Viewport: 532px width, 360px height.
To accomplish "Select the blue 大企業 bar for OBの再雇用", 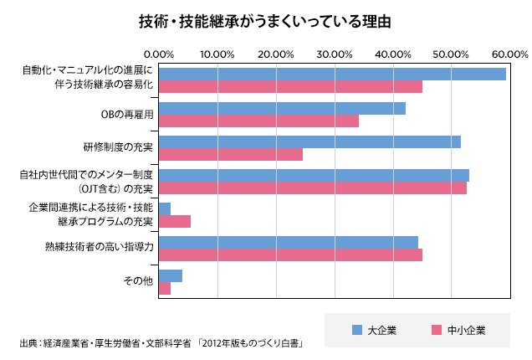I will pos(282,108).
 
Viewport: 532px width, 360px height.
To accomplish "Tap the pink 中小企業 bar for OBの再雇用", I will pos(258,121).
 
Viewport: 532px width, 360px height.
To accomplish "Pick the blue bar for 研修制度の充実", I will pos(309,141).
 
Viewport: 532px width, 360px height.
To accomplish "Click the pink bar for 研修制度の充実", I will pos(231,155).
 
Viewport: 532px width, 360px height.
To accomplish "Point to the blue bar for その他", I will pos(171,275).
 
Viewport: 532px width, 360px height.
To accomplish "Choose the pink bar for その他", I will pos(165,288).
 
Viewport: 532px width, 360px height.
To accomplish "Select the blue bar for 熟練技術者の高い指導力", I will pos(288,242).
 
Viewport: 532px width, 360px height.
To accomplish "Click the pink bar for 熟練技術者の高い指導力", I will pos(290,255).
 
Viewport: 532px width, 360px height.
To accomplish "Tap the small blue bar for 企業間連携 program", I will pos(165,208).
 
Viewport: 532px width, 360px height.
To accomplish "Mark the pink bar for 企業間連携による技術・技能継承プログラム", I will pos(175,221).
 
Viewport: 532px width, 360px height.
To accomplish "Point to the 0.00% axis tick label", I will pos(159,54).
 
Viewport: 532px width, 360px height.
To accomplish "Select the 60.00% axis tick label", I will pos(509,54).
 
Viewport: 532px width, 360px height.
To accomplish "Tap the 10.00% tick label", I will pos(217,54).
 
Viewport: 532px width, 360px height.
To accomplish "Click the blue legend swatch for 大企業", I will pos(356,330).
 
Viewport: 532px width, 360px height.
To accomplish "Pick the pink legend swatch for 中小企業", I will pos(436,330).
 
